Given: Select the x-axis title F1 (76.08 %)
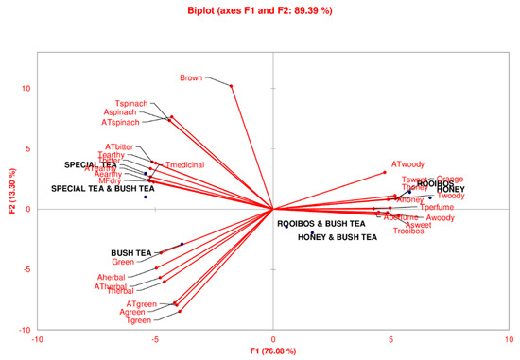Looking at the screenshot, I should tap(272, 351).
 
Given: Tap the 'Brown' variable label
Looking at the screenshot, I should tap(191, 78).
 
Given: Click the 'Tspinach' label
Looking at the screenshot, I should tap(131, 103).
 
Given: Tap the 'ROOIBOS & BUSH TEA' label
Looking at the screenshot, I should tap(321, 224).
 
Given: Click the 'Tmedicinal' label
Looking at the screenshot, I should tap(185, 165).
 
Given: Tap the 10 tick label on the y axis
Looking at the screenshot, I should tap(28, 88).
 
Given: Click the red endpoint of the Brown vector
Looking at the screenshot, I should tap(232, 86).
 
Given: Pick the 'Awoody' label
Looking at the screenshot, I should tap(441, 218).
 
